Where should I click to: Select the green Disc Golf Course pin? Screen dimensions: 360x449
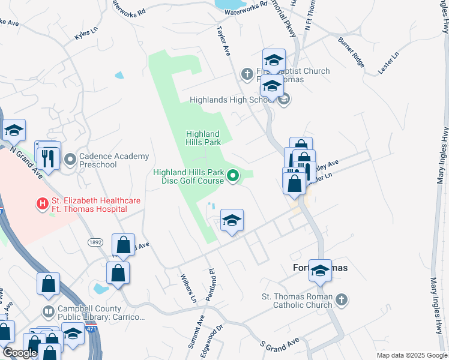pyautogui.click(x=232, y=176)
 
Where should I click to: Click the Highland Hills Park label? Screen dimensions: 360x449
pyautogui.click(x=203, y=138)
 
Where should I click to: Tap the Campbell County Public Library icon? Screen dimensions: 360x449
pyautogui.click(x=49, y=311)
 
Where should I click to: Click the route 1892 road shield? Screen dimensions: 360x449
pyautogui.click(x=95, y=242)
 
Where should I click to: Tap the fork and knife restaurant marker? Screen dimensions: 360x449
pyautogui.click(x=47, y=158)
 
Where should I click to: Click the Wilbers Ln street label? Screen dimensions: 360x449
pyautogui.click(x=188, y=288)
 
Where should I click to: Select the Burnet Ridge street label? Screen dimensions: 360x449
pyautogui.click(x=351, y=50)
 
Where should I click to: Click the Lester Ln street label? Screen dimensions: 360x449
pyautogui.click(x=388, y=62)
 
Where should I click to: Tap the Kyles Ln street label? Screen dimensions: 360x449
pyautogui.click(x=85, y=35)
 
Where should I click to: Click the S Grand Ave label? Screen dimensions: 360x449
pyautogui.click(x=279, y=344)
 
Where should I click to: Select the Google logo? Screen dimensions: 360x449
pyautogui.click(x=20, y=353)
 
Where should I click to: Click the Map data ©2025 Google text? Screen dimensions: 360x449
pyautogui.click(x=411, y=355)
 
